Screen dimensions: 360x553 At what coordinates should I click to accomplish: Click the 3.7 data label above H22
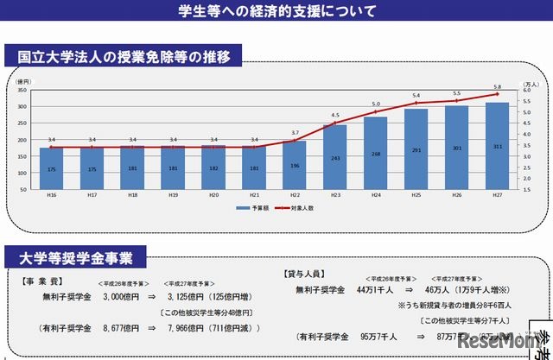pos(295,132)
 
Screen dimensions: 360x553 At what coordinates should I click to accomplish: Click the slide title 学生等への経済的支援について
pos(276,11)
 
